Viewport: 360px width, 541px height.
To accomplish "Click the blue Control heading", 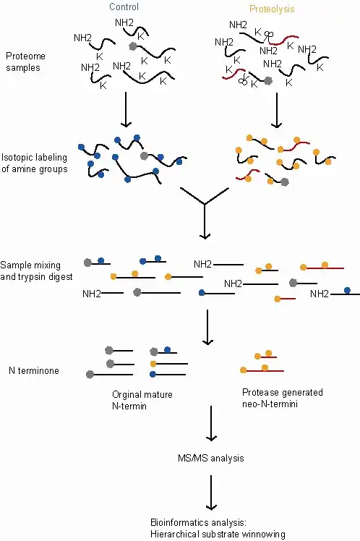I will pos(124,7).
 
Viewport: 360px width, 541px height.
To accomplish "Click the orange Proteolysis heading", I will pos(274,9).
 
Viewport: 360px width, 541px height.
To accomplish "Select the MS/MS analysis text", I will pos(210,459).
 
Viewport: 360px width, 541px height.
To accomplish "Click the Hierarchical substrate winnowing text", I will pos(210,533).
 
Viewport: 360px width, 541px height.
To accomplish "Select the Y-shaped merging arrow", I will pos(205,210).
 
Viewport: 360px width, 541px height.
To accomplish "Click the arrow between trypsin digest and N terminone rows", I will pos(207,328).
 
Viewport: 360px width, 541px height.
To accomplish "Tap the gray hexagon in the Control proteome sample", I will pos(132,46).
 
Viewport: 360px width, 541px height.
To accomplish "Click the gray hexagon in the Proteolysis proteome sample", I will pos(269,82).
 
